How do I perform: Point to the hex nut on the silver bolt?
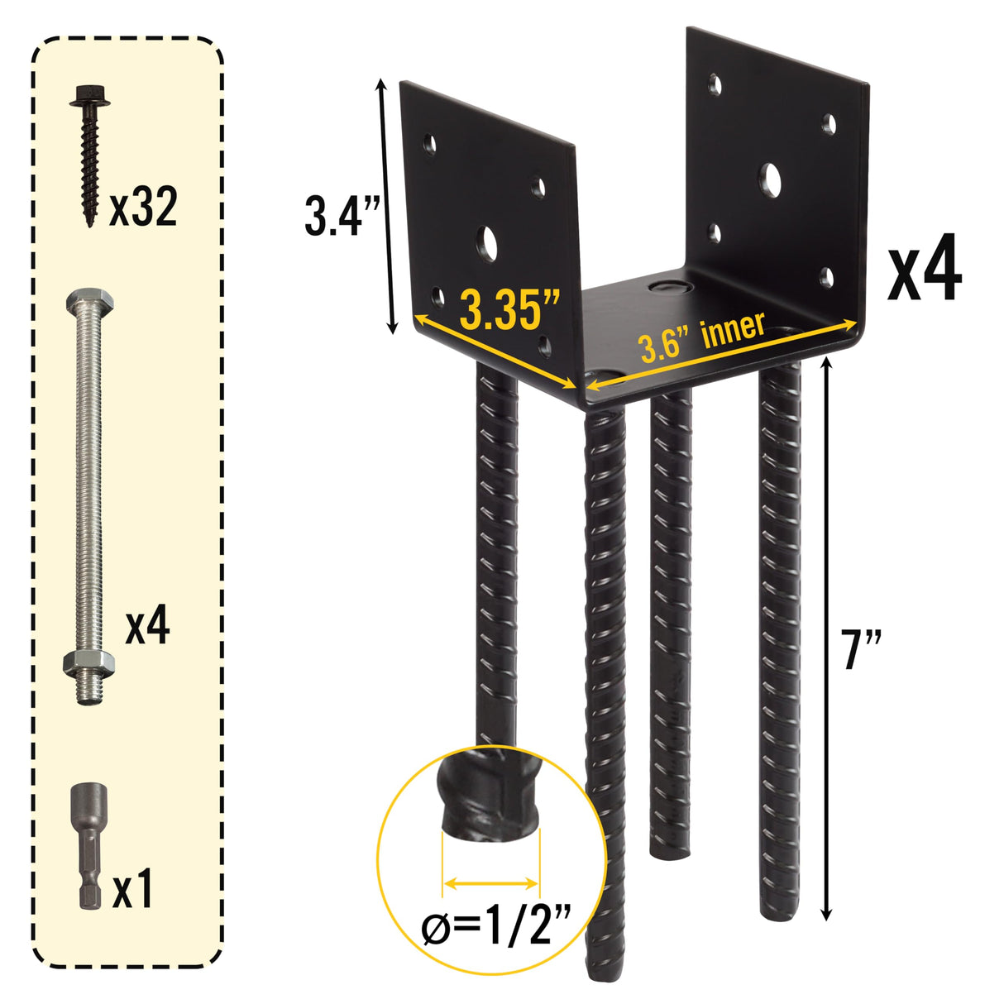tap(88, 662)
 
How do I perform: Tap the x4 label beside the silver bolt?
tap(147, 626)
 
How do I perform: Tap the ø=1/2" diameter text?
tap(496, 930)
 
